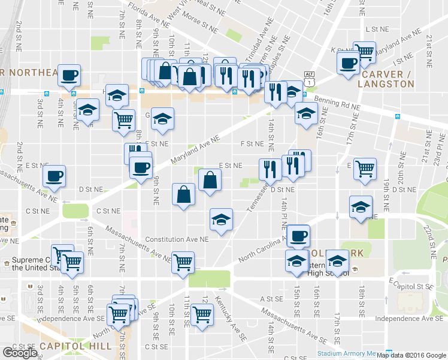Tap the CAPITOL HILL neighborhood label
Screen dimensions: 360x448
click(76, 346)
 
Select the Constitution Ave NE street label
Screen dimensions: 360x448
click(177, 238)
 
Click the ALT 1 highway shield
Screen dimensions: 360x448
click(309, 79)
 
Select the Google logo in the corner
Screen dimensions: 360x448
click(19, 352)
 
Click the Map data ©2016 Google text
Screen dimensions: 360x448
click(411, 355)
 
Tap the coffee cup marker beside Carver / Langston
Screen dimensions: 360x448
click(348, 62)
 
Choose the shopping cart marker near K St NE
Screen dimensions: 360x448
click(364, 52)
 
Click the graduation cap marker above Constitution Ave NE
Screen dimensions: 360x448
click(221, 219)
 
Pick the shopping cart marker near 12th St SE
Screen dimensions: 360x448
click(202, 314)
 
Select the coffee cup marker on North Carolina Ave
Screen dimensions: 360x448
click(298, 235)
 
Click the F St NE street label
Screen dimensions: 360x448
click(252, 144)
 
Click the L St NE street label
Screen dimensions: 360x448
click(377, 29)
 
